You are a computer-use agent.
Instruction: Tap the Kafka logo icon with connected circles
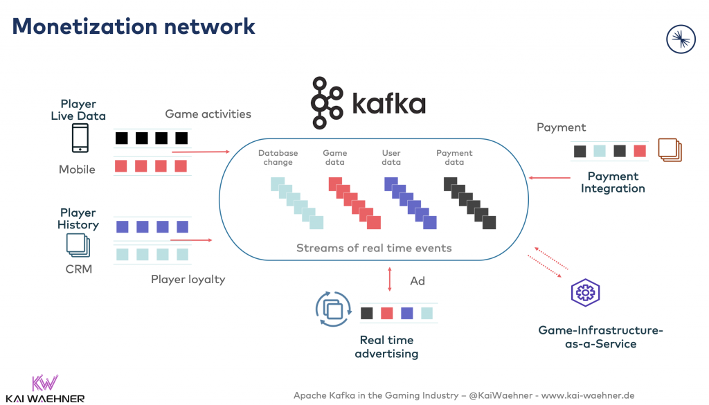pyautogui.click(x=327, y=103)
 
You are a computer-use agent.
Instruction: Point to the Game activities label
pyautogui.click(x=208, y=114)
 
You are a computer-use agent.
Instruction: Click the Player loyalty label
pyautogui.click(x=188, y=280)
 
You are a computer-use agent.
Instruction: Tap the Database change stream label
pyautogui.click(x=278, y=158)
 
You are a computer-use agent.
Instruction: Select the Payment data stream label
pyautogui.click(x=454, y=158)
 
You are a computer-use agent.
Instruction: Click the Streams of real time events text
pyautogui.click(x=374, y=248)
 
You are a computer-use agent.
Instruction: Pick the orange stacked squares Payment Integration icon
pyautogui.click(x=670, y=150)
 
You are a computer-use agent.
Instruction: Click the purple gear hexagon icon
pyautogui.click(x=585, y=293)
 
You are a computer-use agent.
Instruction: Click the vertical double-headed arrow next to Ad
pyautogui.click(x=390, y=280)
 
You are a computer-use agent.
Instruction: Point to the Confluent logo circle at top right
pyautogui.click(x=680, y=39)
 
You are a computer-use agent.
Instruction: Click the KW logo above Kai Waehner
pyautogui.click(x=46, y=384)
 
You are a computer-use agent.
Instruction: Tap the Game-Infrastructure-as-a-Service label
pyautogui.click(x=600, y=337)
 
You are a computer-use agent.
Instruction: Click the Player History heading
pyautogui.click(x=78, y=219)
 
